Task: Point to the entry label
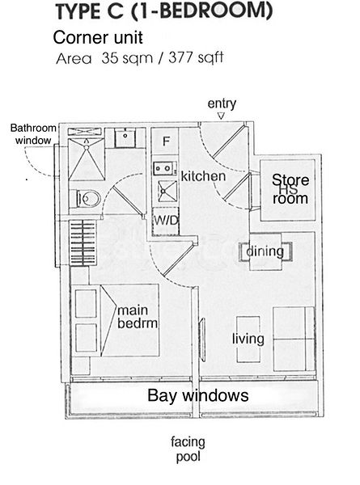tap(222, 103)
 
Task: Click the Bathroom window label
tap(33, 133)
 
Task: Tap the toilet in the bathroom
tap(87, 197)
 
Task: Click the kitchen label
tap(203, 176)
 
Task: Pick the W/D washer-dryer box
tap(166, 219)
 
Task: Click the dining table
tap(265, 251)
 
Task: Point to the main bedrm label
tap(142, 317)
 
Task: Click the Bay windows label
tap(197, 396)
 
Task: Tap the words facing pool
tap(188, 449)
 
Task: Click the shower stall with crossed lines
tap(85, 158)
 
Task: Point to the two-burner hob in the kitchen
tap(164, 169)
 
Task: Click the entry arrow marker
tap(221, 117)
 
